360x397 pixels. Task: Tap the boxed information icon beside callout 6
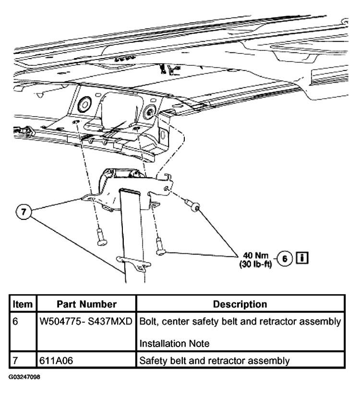click(302, 258)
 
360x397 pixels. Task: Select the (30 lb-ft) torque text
click(255, 264)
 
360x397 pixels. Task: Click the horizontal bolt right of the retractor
click(194, 207)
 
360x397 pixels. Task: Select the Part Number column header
click(87, 304)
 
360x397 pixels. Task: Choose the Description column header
click(240, 304)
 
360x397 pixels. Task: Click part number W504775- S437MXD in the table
click(87, 320)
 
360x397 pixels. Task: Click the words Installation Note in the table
click(174, 343)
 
